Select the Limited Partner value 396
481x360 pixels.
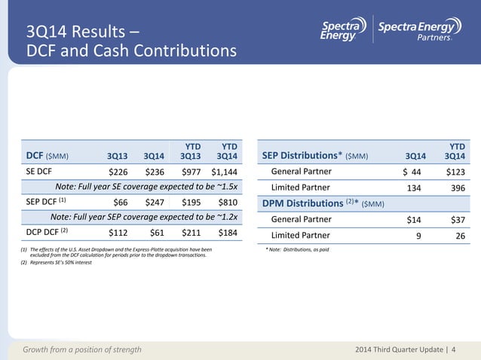pos(456,188)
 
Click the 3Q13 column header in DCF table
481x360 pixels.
pos(117,156)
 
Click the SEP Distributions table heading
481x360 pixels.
pos(315,156)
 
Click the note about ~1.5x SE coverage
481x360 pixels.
pos(148,187)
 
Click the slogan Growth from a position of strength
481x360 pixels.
pos(82,349)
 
